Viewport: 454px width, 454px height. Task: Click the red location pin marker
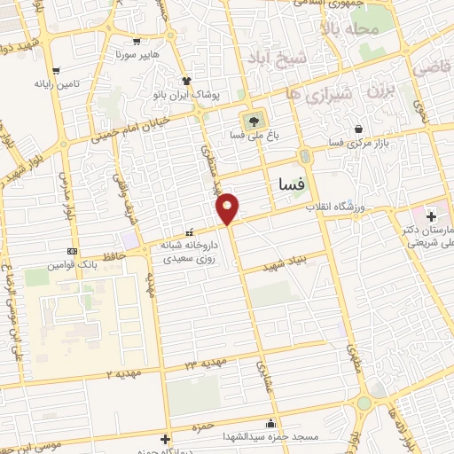228,207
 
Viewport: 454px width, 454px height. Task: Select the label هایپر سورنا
136,54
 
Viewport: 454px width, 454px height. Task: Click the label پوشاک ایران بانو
192,93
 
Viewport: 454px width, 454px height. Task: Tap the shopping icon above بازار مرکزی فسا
357,129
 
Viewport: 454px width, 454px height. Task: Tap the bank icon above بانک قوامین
71,251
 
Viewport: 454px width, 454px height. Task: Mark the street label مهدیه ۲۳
207,363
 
